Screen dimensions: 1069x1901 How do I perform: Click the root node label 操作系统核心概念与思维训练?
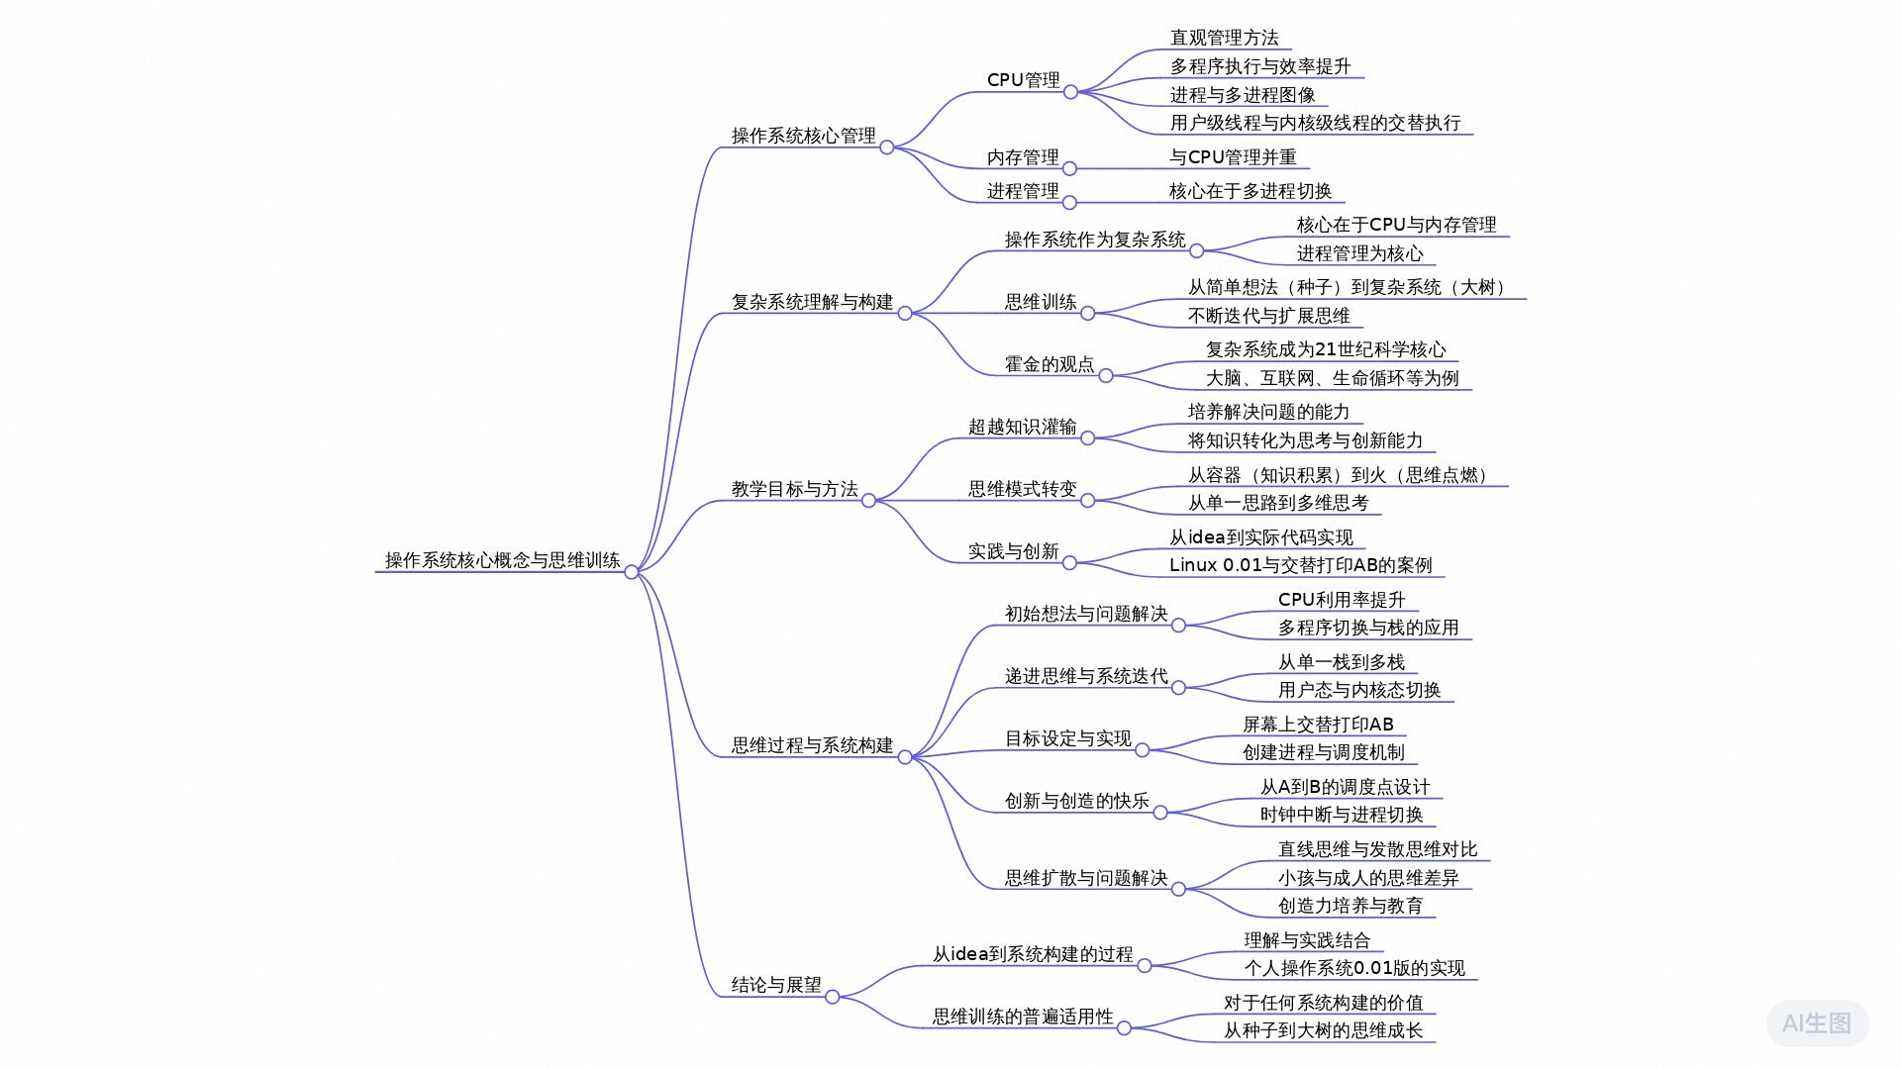coord(502,560)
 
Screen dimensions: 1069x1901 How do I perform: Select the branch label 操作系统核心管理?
coord(803,136)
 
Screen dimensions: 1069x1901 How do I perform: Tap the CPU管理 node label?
coord(1023,80)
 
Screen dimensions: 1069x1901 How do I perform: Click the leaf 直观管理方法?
coord(1224,38)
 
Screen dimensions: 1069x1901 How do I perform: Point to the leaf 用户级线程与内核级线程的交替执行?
coord(1315,123)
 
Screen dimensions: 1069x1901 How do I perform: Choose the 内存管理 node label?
coord(1023,157)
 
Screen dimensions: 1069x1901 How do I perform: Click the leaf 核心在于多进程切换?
coord(1250,191)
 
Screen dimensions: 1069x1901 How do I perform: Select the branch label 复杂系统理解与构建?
coord(812,302)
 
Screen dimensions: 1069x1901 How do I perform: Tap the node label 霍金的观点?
coord(1050,364)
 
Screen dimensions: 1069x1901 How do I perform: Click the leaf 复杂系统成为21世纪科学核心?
coord(1325,349)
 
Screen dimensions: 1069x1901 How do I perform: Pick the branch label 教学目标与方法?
coord(794,489)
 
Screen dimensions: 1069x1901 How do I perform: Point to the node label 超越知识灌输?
coord(1022,427)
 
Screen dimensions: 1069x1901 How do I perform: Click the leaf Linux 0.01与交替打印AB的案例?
coord(1300,565)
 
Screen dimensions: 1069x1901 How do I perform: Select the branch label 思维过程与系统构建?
coord(812,745)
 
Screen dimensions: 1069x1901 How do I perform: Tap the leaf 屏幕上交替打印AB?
coord(1318,725)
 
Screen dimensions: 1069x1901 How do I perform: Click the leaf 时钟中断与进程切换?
coord(1341,815)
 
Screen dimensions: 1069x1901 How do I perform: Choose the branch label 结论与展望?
coord(776,985)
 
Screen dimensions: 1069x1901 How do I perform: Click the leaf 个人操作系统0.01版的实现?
coord(1354,968)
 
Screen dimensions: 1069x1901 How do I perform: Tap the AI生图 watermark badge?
coord(1816,1023)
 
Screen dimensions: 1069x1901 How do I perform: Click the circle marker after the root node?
coord(632,572)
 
